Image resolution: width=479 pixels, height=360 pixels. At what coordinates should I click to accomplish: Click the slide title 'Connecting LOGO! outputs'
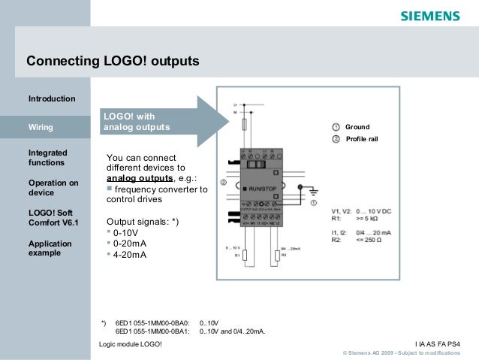113,59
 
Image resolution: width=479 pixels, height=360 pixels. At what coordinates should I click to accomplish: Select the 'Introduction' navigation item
52,99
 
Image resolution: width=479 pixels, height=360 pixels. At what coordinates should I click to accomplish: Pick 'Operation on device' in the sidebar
53,188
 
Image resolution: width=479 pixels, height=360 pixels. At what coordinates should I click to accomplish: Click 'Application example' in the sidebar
50,249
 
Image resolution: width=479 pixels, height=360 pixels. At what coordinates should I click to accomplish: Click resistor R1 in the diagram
246,256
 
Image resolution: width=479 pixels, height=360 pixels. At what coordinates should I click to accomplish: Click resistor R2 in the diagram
279,256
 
